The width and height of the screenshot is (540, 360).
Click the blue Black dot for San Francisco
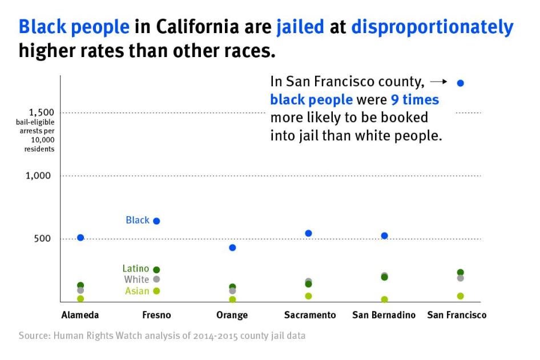[461, 83]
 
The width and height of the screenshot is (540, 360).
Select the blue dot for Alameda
[80, 237]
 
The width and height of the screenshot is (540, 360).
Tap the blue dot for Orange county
[232, 248]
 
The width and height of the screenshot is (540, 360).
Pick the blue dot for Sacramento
[308, 233]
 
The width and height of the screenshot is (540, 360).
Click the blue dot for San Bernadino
[384, 236]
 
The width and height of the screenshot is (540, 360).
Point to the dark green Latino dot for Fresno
[156, 269]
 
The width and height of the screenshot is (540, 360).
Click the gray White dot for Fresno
[156, 279]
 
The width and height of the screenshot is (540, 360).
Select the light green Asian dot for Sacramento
[308, 296]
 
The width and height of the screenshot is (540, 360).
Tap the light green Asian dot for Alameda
[80, 298]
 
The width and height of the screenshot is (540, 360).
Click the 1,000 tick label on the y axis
[38, 176]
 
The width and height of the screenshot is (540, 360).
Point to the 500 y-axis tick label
[42, 238]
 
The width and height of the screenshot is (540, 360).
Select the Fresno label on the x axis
[156, 315]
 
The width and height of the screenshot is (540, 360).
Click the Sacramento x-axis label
[310, 315]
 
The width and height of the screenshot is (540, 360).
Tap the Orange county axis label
[232, 315]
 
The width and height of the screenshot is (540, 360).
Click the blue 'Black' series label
[138, 220]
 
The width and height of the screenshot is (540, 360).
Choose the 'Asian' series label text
[137, 291]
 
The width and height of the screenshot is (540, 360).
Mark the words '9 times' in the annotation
[415, 100]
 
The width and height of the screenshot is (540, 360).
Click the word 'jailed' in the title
[300, 27]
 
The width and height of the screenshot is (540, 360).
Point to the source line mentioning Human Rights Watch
[162, 335]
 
